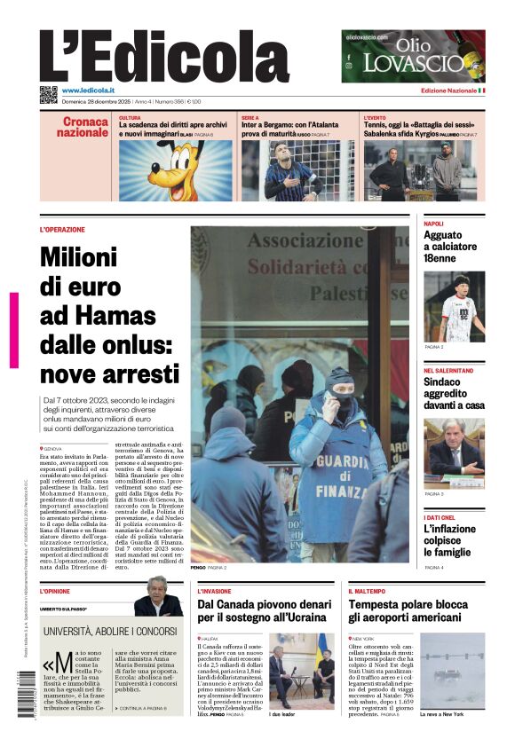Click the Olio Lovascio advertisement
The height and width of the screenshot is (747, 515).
tap(413, 56)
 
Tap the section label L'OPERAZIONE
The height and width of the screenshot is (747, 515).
tap(62, 230)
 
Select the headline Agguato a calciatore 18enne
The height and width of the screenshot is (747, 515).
tap(450, 247)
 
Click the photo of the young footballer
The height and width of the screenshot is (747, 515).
tap(454, 306)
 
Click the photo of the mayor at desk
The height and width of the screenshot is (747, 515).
tap(454, 452)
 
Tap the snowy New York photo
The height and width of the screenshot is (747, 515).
tap(452, 670)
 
